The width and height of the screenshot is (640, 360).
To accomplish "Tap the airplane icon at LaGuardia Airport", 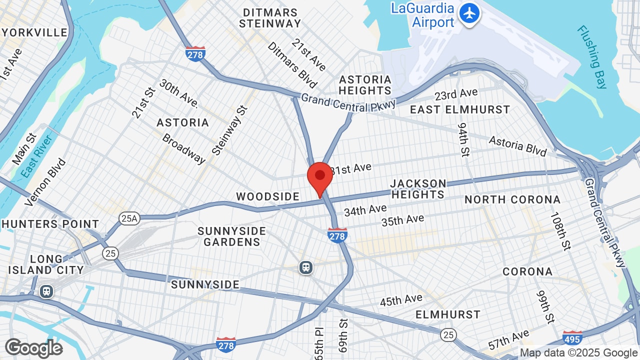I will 469,13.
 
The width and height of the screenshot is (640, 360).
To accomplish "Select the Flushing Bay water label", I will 592,57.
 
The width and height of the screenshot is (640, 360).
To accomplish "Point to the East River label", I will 37,155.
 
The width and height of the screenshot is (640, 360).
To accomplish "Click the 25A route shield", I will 128,218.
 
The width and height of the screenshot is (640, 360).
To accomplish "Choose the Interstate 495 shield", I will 572,338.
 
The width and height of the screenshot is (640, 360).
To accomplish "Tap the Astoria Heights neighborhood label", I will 365,85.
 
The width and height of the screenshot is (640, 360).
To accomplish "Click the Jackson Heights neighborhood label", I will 418,189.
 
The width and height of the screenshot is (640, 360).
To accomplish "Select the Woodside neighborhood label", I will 267,196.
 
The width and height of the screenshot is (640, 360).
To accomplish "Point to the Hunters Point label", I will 50,224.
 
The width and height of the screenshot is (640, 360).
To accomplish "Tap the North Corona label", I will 512,199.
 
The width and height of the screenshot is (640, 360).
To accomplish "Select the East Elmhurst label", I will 460,109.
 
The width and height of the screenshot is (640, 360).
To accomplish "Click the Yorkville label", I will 34,32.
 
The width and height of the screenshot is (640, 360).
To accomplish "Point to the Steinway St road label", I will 229,130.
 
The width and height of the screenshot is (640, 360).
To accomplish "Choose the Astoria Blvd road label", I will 517,145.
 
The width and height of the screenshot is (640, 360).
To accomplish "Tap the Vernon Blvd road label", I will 45,182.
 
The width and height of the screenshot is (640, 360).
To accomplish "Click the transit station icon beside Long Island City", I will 46,291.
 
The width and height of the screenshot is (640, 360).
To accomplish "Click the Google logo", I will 33,348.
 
